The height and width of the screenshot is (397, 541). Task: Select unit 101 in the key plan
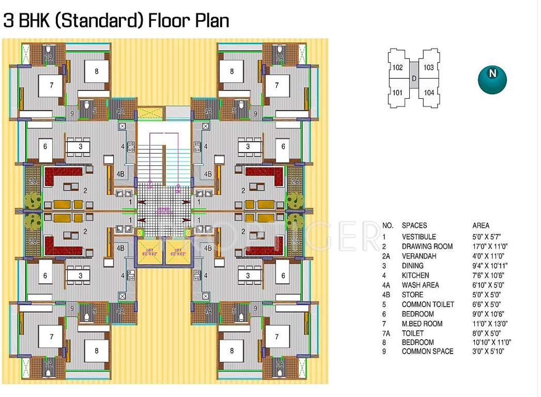[397, 93]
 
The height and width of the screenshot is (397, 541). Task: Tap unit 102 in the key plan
[397, 67]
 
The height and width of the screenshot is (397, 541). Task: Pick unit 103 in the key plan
[428, 67]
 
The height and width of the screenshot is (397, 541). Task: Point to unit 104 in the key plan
[428, 93]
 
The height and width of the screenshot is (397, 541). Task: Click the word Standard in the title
[112, 21]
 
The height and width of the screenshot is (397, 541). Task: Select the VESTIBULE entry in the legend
[419, 237]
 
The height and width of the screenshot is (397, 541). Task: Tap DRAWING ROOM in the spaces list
[427, 247]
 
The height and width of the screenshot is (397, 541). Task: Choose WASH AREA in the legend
[420, 285]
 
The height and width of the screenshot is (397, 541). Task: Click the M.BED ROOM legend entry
[422, 324]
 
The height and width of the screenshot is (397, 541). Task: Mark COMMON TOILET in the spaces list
[428, 304]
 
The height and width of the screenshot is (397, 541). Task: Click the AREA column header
[481, 225]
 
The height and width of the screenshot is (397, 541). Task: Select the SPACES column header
[414, 225]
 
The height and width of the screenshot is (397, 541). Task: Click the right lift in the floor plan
[177, 253]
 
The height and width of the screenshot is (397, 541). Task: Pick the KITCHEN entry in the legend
[415, 276]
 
